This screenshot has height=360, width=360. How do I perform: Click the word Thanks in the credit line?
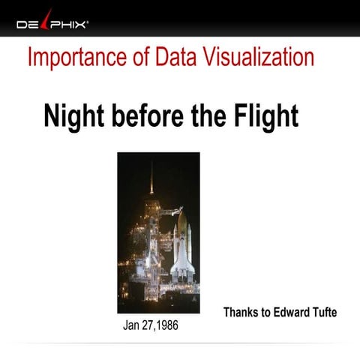pyautogui.click(x=242, y=312)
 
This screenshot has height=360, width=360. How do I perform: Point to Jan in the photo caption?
pyautogui.click(x=132, y=327)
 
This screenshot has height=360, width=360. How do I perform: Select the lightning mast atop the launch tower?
pyautogui.click(x=151, y=180)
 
